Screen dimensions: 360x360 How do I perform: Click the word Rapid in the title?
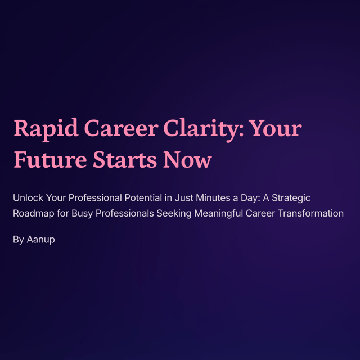[46, 129]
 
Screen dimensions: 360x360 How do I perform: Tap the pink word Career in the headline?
[121, 128]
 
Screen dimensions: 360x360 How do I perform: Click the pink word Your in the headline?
[275, 128]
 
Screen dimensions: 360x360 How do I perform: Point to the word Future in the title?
[50, 160]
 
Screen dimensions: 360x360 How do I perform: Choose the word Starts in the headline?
[125, 160]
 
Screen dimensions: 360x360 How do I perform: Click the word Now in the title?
[187, 160]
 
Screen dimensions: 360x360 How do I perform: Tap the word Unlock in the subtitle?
[28, 197]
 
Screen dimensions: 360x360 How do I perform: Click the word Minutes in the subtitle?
[213, 197]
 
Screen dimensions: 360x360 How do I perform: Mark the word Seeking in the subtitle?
[174, 214]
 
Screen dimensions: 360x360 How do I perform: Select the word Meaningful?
[218, 214]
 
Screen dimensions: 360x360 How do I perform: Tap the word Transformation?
[310, 213]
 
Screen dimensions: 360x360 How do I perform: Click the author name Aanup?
[40, 240]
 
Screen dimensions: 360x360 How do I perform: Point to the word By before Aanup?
[19, 240]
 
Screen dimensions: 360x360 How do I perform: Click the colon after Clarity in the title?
[241, 131]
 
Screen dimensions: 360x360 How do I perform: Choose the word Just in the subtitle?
[184, 197]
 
